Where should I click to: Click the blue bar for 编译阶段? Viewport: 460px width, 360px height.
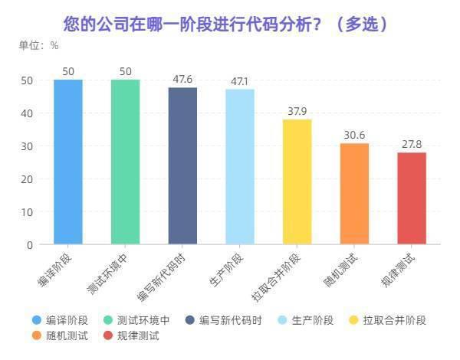pyautogui.click(x=68, y=162)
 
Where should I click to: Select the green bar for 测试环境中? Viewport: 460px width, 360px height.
pyautogui.click(x=126, y=162)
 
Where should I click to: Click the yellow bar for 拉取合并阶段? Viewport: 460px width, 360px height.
pyautogui.click(x=297, y=182)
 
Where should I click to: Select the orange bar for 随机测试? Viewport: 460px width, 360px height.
pyautogui.click(x=354, y=194)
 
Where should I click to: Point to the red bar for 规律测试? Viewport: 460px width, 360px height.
pyautogui.click(x=412, y=198)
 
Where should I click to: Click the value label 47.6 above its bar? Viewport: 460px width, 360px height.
pyautogui.click(x=182, y=79)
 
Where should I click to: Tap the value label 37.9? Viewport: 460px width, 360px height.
pyautogui.click(x=297, y=111)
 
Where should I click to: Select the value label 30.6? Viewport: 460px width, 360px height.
pyautogui.click(x=354, y=135)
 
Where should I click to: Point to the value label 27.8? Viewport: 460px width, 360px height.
pyautogui.click(x=412, y=144)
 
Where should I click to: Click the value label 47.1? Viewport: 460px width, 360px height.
pyautogui.click(x=240, y=80)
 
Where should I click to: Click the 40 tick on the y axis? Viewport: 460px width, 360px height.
pyautogui.click(x=26, y=113)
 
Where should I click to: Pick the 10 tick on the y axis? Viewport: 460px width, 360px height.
pyautogui.click(x=26, y=212)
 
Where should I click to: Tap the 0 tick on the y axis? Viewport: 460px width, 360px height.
pyautogui.click(x=29, y=245)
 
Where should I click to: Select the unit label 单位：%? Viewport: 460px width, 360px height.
pyautogui.click(x=39, y=44)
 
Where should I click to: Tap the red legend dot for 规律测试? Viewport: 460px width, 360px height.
pyautogui.click(x=109, y=335)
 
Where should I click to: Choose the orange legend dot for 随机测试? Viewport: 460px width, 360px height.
pyautogui.click(x=37, y=335)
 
